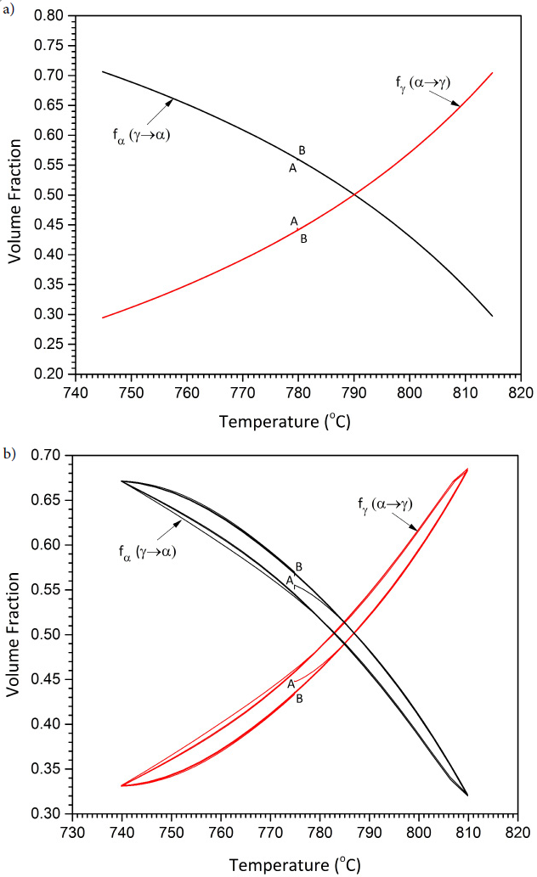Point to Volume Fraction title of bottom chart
(x=15, y=634)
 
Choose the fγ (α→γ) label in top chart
(x=422, y=82)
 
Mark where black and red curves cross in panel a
(x=354, y=195)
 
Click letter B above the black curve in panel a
(x=302, y=150)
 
